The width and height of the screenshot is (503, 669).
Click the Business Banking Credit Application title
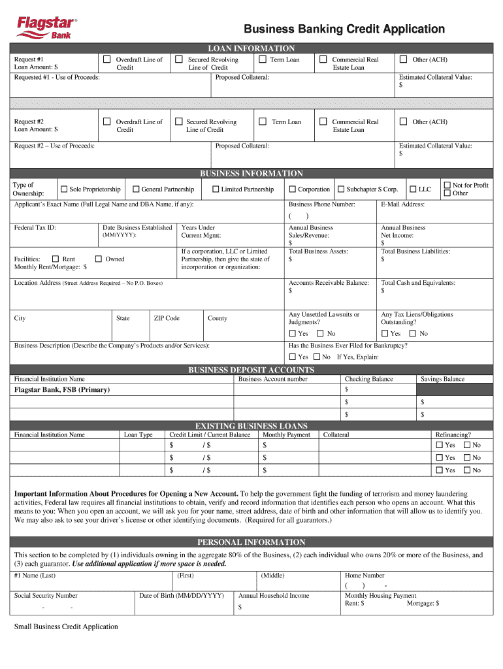click(344, 29)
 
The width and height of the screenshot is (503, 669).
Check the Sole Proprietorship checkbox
click(64, 189)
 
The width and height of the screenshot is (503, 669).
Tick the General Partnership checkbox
click(135, 189)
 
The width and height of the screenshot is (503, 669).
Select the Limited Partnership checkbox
click(216, 189)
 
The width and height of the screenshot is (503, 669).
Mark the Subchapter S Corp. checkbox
click(341, 189)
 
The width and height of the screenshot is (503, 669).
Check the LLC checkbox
click(413, 189)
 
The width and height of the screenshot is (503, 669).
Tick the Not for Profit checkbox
click(447, 186)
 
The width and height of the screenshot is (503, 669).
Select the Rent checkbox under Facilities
click(56, 259)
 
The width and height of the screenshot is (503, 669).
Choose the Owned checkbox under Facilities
click(99, 259)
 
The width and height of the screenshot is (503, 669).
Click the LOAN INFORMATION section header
click(251, 48)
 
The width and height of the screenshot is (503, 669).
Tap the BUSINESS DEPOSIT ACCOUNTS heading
click(251, 370)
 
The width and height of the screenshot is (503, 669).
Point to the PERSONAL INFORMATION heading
click(251, 542)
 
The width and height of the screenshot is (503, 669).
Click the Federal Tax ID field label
click(35, 228)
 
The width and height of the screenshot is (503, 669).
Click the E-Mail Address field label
click(402, 204)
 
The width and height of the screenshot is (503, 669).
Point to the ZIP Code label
click(167, 318)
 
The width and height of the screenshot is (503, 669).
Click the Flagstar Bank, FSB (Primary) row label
click(62, 389)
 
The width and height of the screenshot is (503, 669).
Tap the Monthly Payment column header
click(286, 434)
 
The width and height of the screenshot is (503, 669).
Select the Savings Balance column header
click(442, 379)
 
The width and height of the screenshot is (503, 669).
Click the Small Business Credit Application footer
click(66, 627)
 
